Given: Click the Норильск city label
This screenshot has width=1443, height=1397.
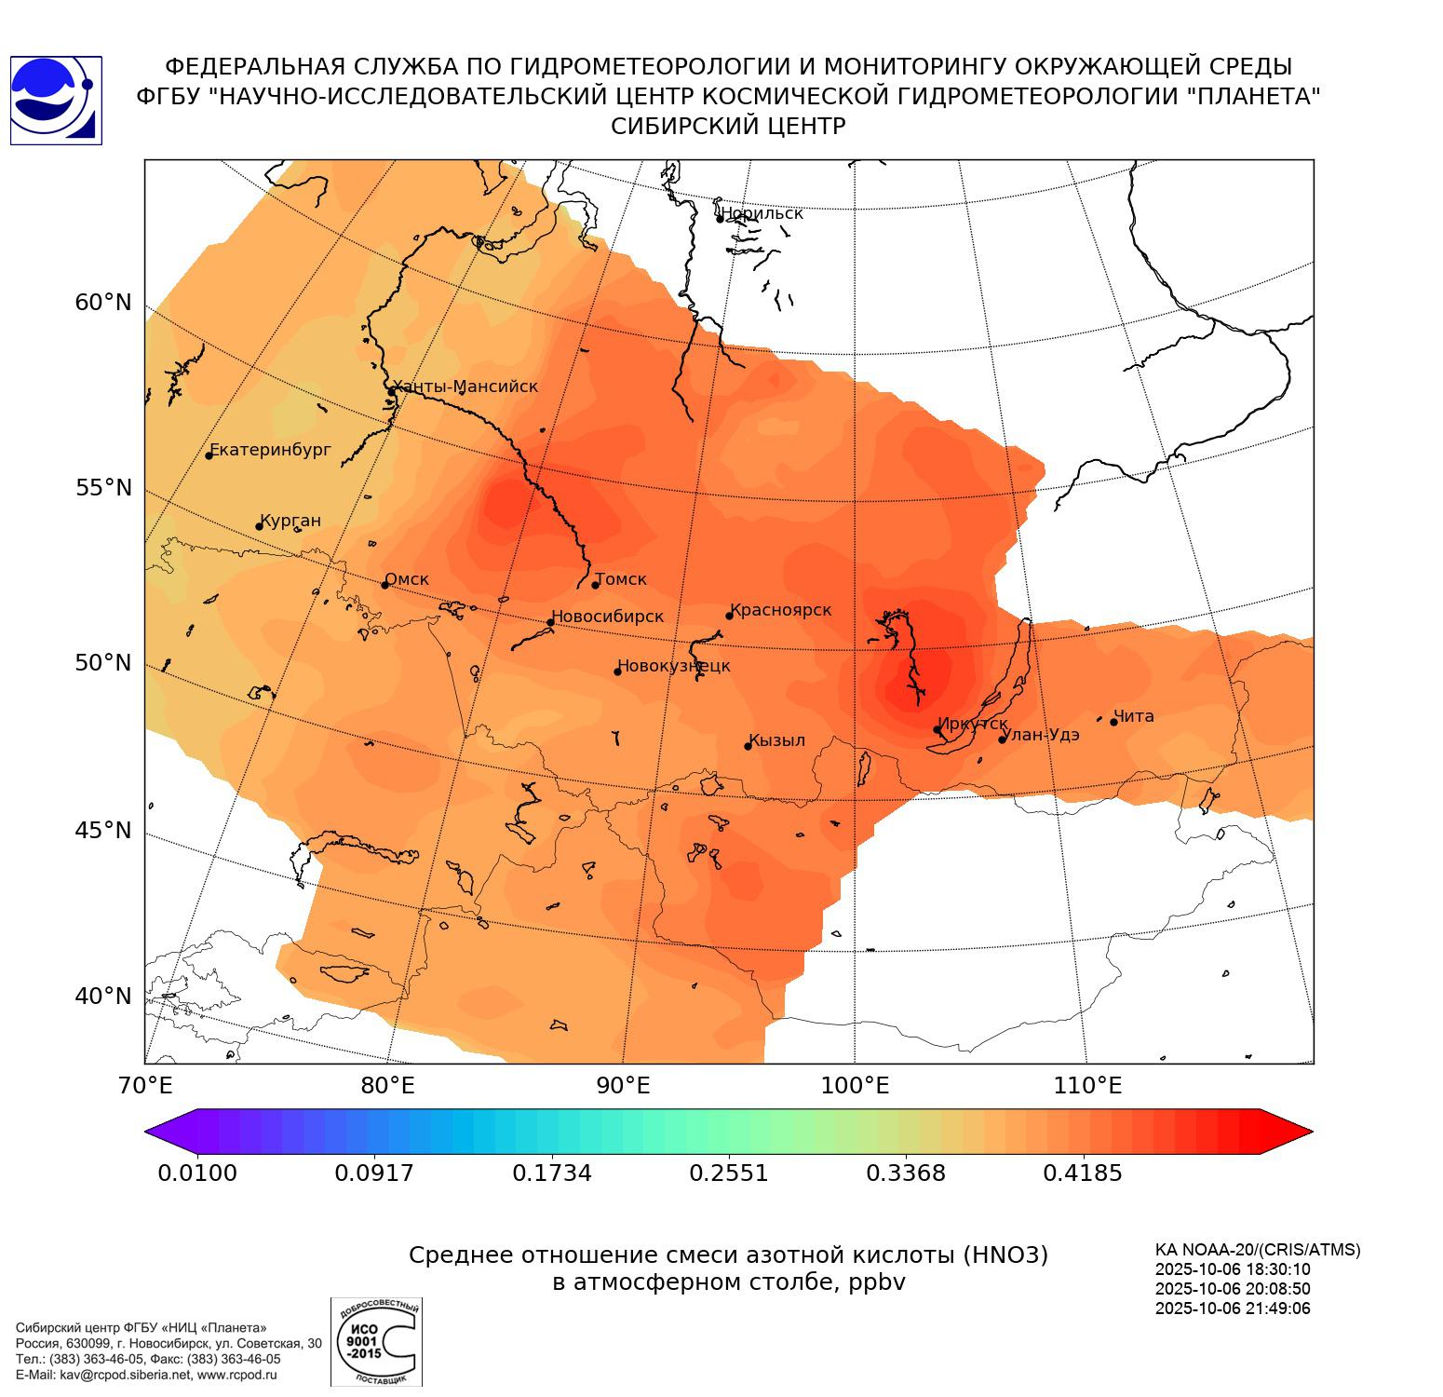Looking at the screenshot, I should pyautogui.click(x=762, y=213).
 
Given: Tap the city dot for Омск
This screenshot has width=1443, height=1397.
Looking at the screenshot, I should pyautogui.click(x=384, y=585).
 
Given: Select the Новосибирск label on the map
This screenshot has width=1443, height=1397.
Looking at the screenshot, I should pyautogui.click(x=607, y=617).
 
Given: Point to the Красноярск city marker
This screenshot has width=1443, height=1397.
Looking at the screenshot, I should pyautogui.click(x=729, y=616).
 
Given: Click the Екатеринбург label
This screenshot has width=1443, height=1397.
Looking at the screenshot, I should pyautogui.click(x=271, y=450).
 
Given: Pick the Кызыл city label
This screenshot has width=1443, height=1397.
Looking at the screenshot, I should pyautogui.click(x=777, y=740).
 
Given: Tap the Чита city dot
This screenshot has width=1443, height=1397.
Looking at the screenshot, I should pyautogui.click(x=1113, y=722).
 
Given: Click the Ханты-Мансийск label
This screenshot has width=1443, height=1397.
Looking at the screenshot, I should pyautogui.click(x=465, y=387).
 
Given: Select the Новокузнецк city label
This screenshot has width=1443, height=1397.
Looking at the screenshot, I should pyautogui.click(x=674, y=666).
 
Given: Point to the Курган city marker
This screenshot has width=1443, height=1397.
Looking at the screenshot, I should pyautogui.click(x=259, y=527).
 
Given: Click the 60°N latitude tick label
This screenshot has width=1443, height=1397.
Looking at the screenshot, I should pyautogui.click(x=103, y=302).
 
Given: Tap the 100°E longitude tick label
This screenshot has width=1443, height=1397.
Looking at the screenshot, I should pyautogui.click(x=854, y=1085).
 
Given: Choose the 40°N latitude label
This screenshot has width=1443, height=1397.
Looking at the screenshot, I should pyautogui.click(x=103, y=996).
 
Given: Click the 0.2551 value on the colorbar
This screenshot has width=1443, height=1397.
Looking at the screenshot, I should pyautogui.click(x=729, y=1173).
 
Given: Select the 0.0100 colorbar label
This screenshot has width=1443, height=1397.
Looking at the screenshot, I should pyautogui.click(x=197, y=1173).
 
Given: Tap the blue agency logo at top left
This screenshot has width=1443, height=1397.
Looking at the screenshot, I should pyautogui.click(x=56, y=101).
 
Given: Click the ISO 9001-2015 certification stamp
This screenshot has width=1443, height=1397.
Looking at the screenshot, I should pyautogui.click(x=376, y=1341).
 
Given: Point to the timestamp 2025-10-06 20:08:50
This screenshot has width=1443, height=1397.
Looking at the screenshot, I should pyautogui.click(x=1233, y=1289).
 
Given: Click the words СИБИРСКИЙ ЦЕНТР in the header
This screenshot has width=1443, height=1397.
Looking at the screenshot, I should pyautogui.click(x=728, y=127).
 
